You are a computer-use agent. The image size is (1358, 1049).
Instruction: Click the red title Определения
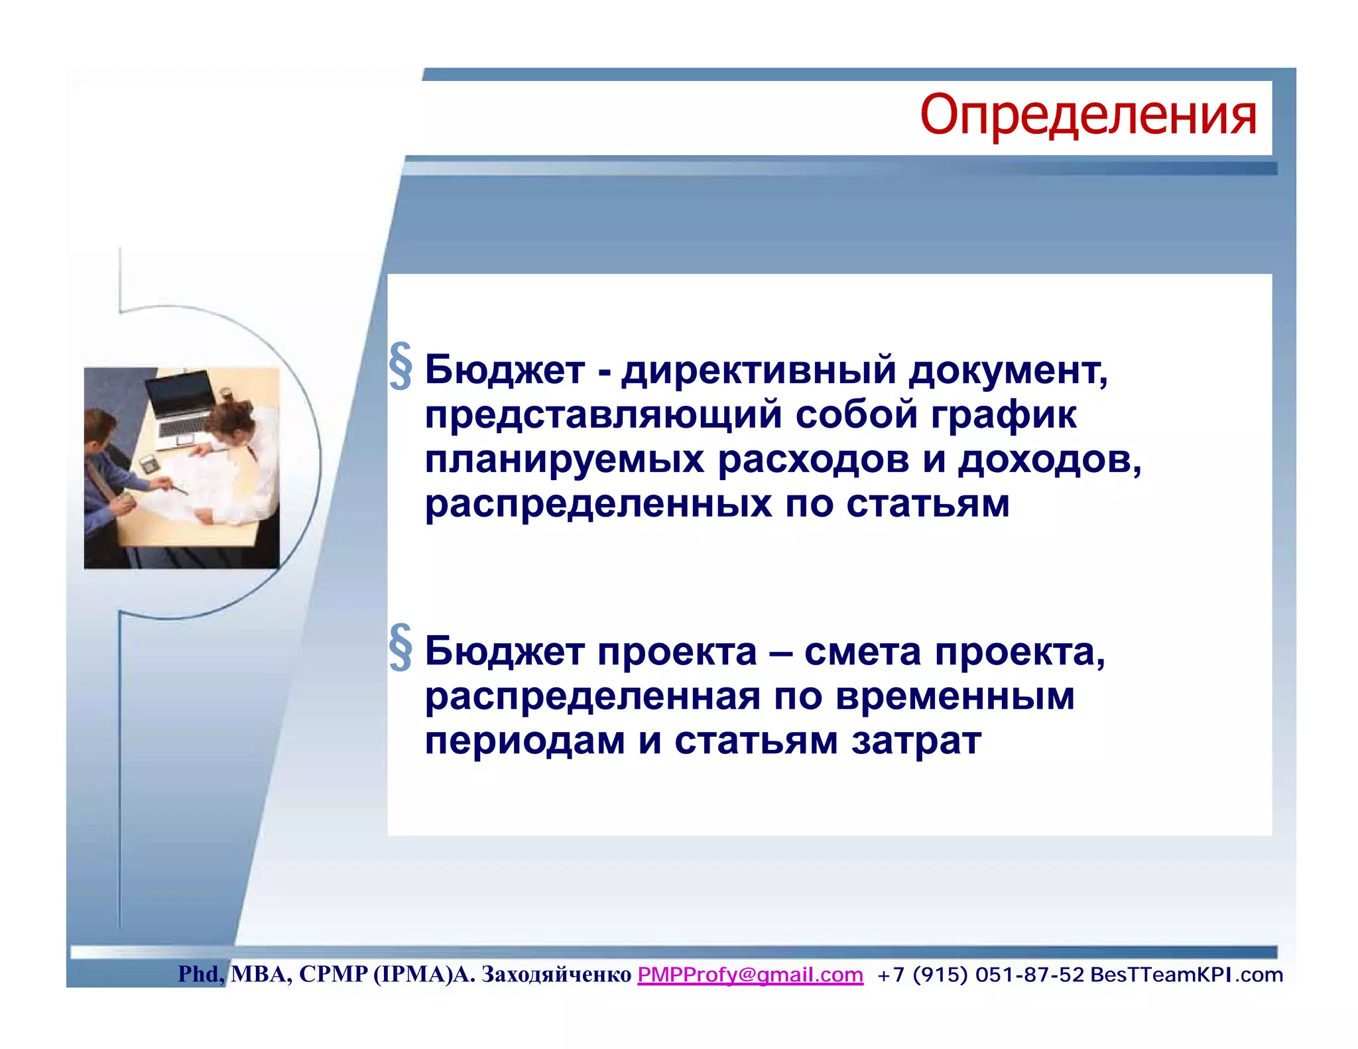pos(1087,115)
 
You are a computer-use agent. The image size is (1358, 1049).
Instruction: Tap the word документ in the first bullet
pos(1007,370)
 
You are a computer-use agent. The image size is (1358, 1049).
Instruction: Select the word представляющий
pos(603,415)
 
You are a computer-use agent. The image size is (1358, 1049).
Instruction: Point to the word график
pos(1003,415)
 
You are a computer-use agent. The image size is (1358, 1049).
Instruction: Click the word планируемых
pos(564,460)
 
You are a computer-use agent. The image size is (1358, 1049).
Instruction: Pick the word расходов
pos(813,460)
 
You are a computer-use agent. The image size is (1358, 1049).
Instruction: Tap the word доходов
pos(1048,460)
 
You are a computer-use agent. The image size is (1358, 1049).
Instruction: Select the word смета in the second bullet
pos(862,652)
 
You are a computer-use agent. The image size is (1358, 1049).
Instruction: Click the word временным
pos(954,696)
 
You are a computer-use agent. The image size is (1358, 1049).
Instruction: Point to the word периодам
pos(525,741)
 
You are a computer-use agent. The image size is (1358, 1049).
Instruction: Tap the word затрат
pos(916,741)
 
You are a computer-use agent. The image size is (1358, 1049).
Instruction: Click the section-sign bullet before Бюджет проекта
pos(401,648)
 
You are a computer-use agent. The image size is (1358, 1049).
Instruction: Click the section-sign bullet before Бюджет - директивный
pos(401,366)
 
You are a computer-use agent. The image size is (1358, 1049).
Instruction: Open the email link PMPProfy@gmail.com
pos(750,974)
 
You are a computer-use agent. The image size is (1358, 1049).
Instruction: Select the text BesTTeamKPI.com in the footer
pos(1186,974)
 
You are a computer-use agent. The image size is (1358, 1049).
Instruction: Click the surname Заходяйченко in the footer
pos(556,974)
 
